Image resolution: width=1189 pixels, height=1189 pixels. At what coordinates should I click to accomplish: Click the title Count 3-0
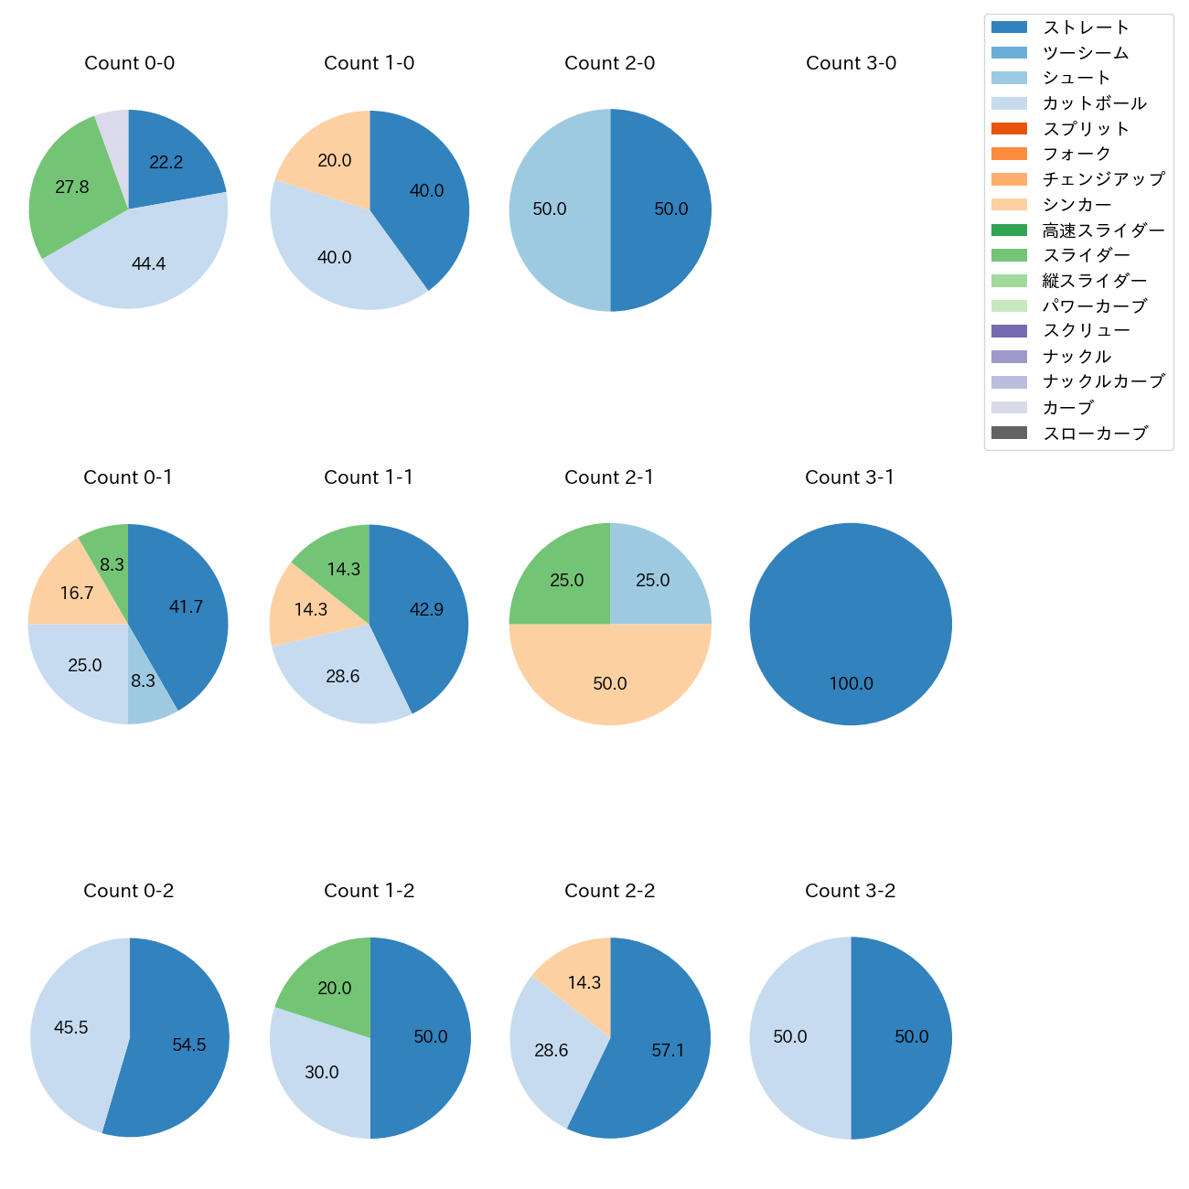851,63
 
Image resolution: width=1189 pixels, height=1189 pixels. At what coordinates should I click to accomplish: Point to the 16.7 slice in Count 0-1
73,590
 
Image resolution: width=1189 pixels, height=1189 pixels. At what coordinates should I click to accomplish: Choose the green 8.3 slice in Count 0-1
108,553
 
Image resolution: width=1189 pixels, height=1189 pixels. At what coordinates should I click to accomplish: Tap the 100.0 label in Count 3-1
851,684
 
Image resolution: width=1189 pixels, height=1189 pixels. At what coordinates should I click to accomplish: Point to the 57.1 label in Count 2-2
668,1051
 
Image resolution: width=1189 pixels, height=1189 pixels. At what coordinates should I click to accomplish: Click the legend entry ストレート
1086,27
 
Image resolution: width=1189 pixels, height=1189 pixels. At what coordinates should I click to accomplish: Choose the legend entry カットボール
1094,103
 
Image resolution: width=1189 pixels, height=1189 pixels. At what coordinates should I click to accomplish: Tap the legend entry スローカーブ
1095,434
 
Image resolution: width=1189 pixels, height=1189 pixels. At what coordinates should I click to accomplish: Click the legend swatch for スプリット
1009,129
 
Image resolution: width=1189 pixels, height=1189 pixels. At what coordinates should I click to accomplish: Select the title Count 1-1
369,477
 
